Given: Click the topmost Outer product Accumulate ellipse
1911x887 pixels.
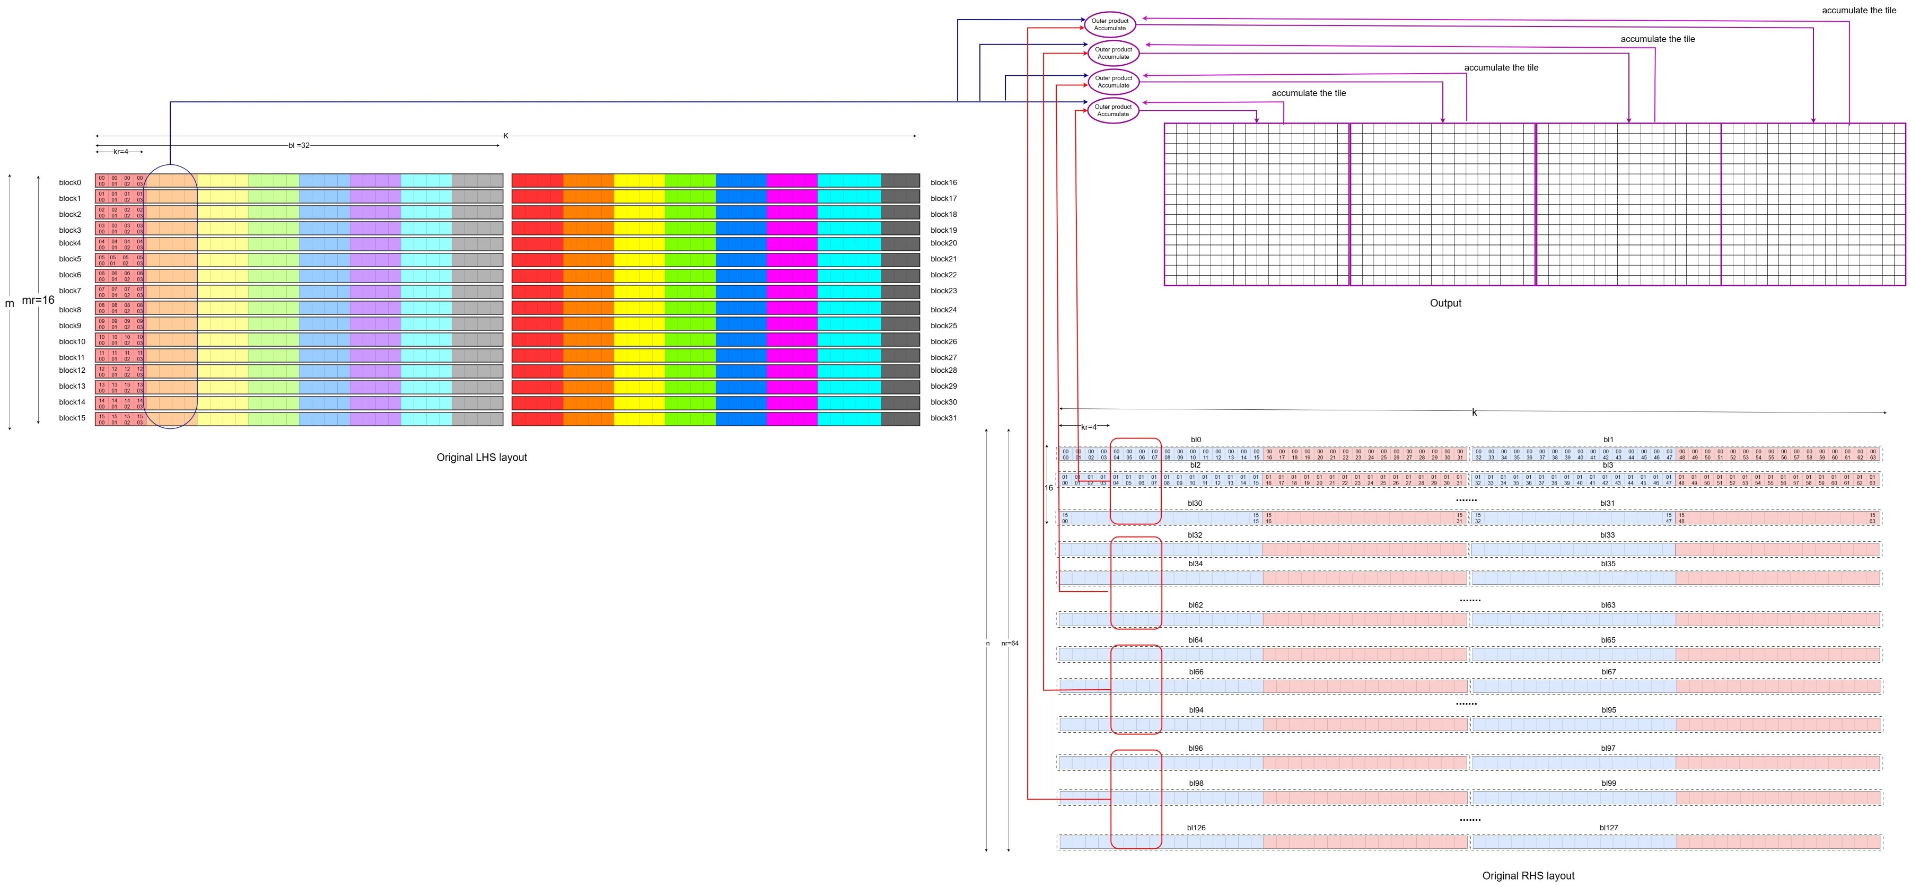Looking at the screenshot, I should coord(1109,24).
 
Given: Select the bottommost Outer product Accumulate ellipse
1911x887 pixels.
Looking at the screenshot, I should coord(1113,110).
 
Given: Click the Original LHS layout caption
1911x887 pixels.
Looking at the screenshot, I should coord(481,458).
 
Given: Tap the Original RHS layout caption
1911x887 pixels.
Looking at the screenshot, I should coord(1528,876).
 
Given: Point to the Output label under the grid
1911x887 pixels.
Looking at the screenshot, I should coord(1445,303).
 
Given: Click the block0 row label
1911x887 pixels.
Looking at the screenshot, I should coord(70,182).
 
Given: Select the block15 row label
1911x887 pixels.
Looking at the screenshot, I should coord(72,418).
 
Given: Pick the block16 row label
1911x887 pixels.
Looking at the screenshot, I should coord(944,182).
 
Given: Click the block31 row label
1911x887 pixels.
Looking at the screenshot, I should coord(944,418).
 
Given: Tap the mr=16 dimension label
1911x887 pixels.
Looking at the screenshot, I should coord(38,301).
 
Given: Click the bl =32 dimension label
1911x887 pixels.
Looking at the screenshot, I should coord(299,145).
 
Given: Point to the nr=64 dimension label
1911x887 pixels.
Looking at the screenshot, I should coord(1010,644).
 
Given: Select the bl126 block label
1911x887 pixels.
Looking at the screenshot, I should coord(1196,828).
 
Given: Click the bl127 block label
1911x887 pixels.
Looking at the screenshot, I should coord(1608,828).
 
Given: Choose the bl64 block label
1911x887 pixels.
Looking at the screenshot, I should coord(1195,640).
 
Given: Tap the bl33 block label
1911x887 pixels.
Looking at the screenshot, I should coord(1608,535).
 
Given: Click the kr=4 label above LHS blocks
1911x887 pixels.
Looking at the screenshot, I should coord(120,152).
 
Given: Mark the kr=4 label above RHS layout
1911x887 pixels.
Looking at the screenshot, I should coord(1088,427).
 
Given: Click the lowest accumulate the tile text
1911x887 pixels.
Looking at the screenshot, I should coord(1308,93).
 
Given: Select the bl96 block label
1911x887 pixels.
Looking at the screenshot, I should coord(1195,748).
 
